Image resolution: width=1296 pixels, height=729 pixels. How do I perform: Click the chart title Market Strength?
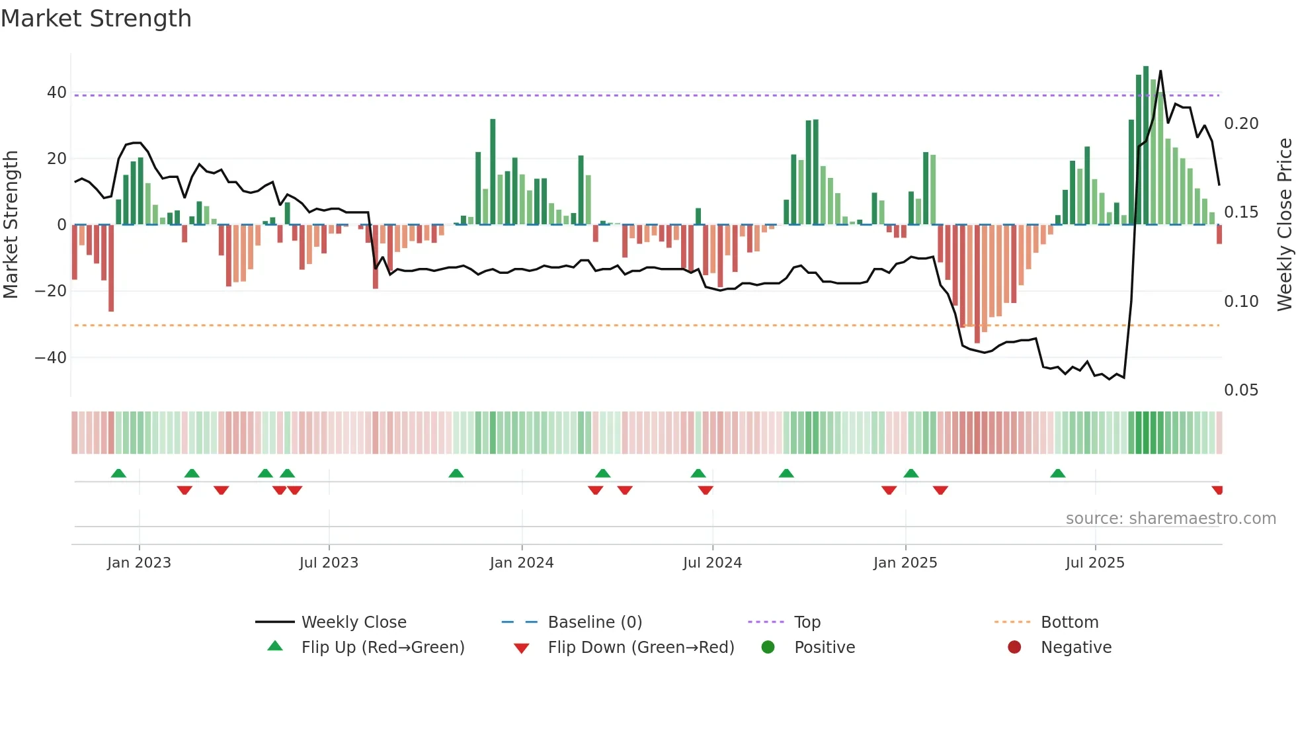pos(96,19)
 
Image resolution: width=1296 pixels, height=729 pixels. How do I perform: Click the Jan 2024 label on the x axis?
pos(521,563)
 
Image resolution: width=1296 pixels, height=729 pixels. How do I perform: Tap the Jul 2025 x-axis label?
pos(1094,563)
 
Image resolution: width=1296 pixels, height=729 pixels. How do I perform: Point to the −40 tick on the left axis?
pos(51,358)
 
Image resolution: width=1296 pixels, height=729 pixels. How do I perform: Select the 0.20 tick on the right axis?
pos(1240,124)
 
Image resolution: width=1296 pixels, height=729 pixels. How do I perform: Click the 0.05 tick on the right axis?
pos(1240,390)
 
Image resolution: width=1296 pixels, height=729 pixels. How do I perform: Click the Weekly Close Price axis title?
pos(1283,225)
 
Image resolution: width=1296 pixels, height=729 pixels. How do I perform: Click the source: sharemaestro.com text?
pos(1170,519)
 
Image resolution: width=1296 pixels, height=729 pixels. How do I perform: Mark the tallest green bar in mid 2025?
pos(1146,146)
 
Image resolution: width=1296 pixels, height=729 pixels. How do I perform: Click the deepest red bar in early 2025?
pos(977,284)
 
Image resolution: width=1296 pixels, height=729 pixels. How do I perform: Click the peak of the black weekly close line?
pos(1160,71)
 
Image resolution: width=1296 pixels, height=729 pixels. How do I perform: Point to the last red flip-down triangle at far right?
pos(1217,490)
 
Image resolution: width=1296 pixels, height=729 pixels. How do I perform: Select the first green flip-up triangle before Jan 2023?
pos(118,474)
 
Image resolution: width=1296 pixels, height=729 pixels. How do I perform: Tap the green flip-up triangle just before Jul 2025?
pos(1057,474)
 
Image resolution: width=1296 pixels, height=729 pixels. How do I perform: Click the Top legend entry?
pos(807,622)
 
